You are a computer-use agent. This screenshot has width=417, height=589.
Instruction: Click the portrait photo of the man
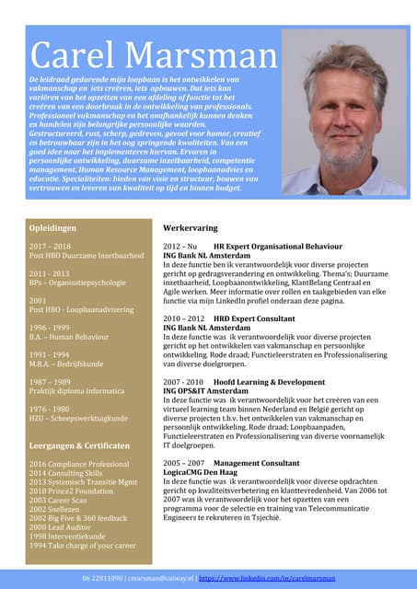[343, 112]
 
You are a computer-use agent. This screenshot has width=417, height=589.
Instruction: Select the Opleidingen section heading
[52, 226]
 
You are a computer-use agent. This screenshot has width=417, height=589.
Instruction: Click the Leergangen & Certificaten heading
[78, 445]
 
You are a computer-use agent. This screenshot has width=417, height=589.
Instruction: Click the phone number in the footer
[102, 578]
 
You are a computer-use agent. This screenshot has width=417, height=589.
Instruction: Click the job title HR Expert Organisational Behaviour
[279, 248]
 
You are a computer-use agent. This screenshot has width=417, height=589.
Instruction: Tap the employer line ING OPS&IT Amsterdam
[209, 390]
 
